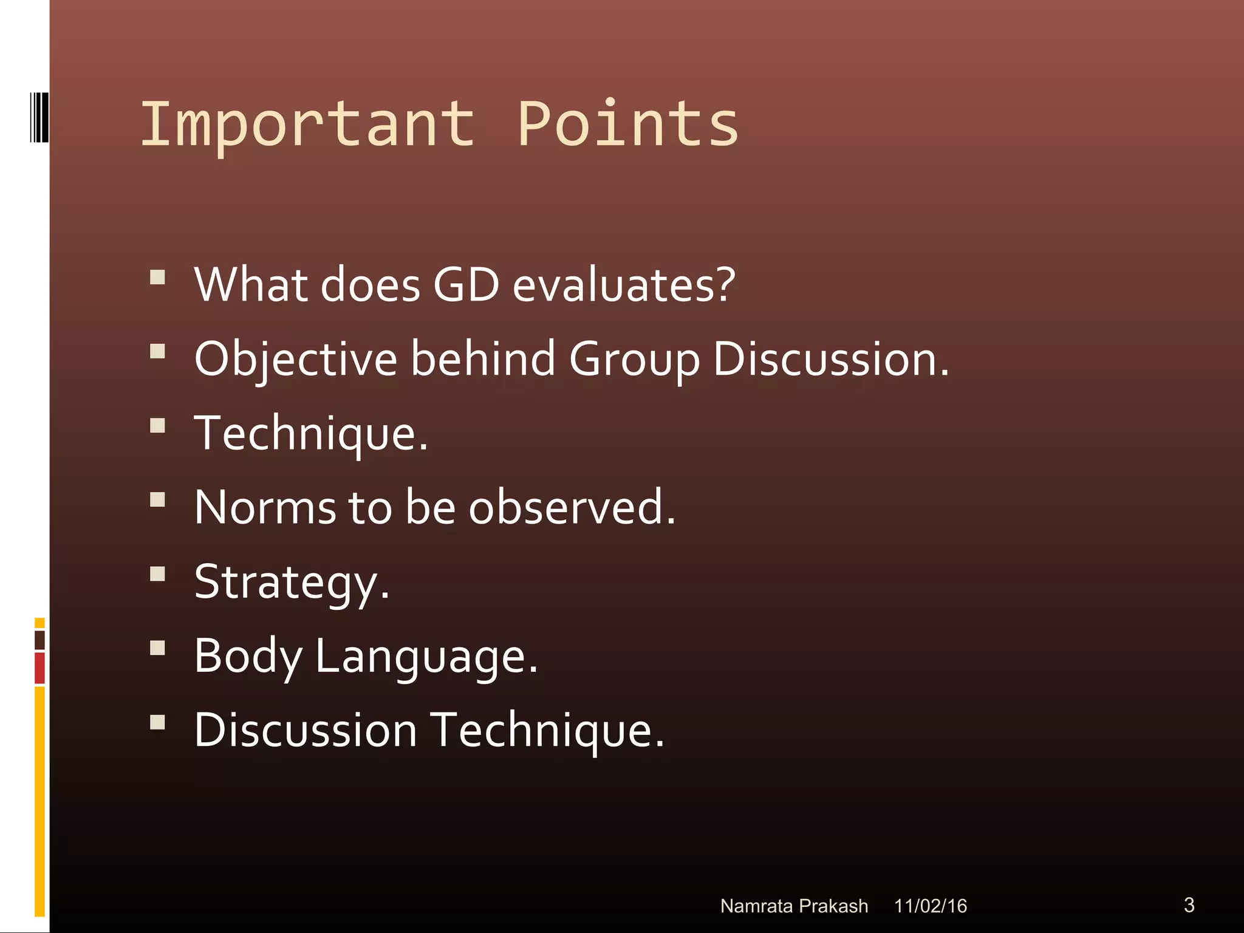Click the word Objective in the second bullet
(x=295, y=360)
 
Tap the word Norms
(x=265, y=507)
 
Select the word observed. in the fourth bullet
(x=572, y=507)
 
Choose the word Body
(x=248, y=656)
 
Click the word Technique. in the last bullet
(x=547, y=730)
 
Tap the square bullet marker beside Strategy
(x=157, y=574)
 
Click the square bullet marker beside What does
(x=157, y=278)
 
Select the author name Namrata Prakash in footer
(x=794, y=906)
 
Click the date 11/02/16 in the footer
(x=930, y=906)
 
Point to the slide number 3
(x=1189, y=904)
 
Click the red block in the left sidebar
(x=39, y=668)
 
